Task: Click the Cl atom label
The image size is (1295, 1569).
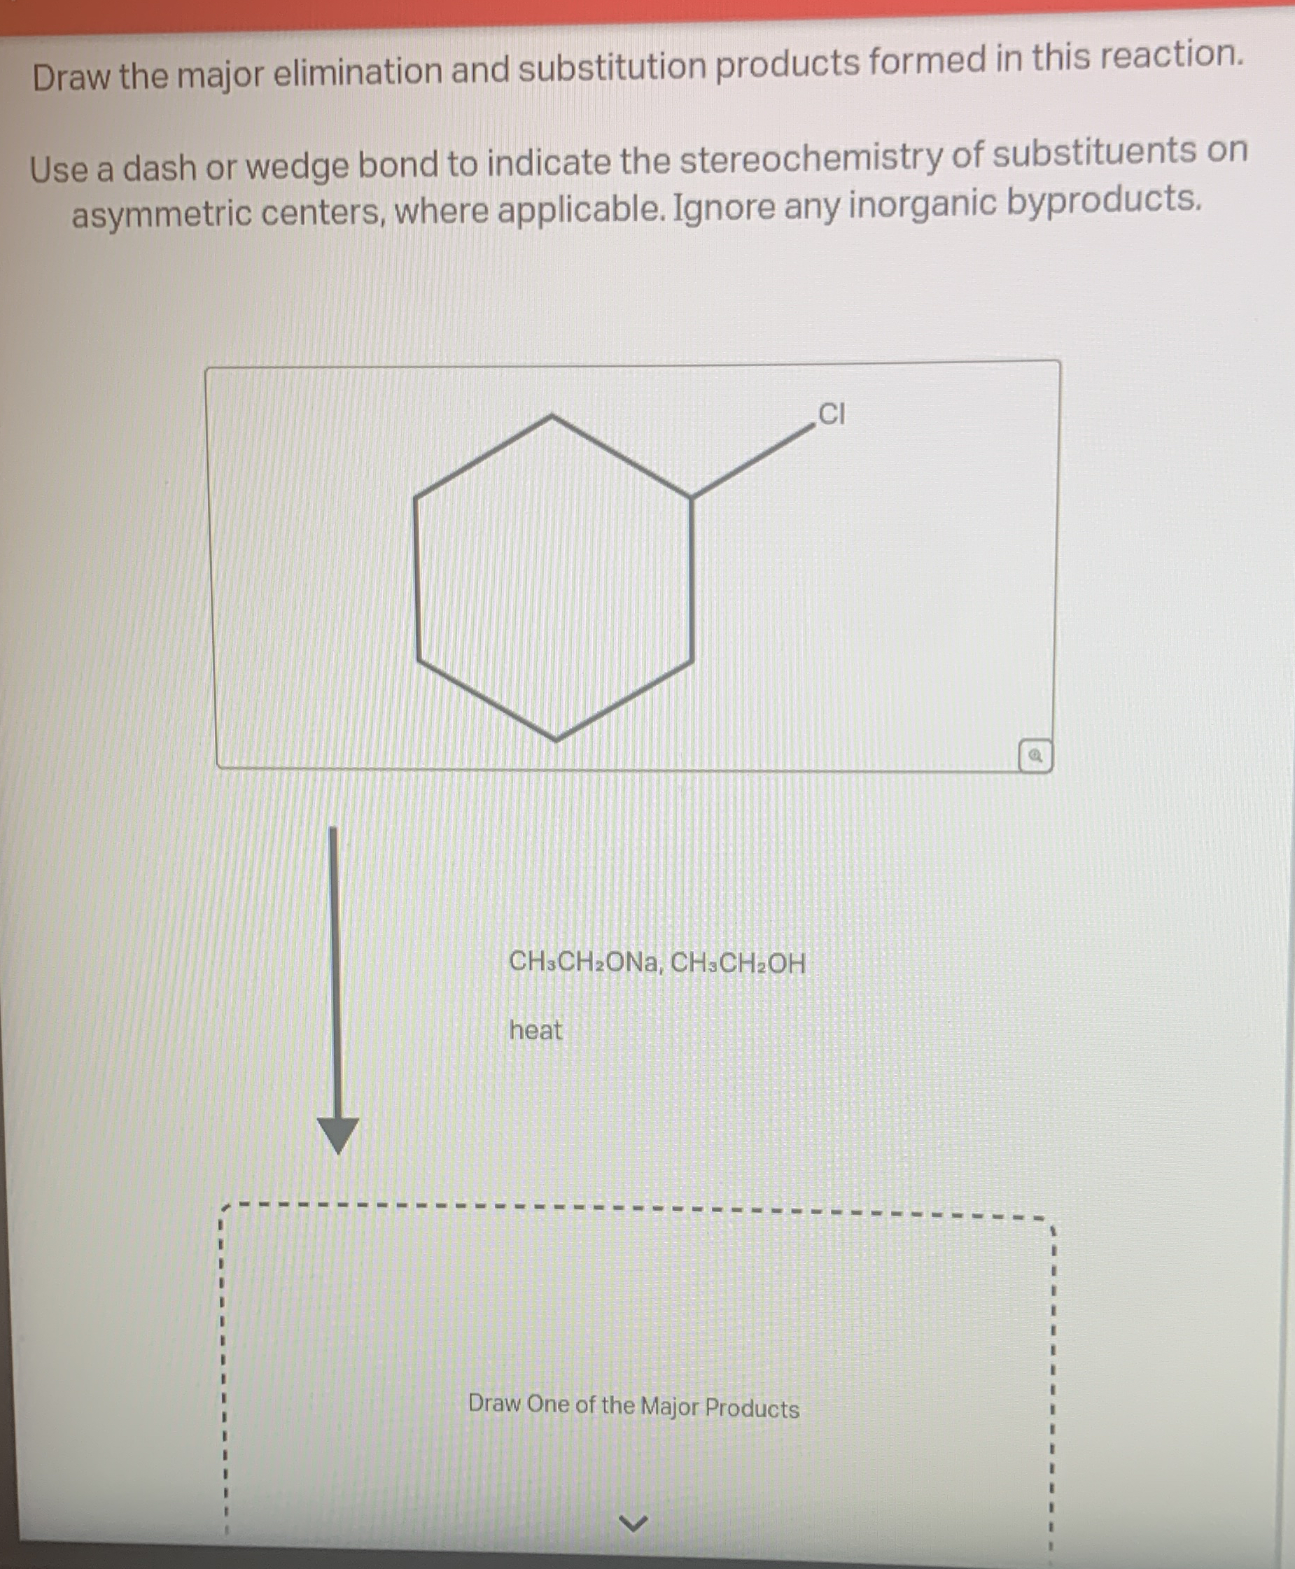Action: [x=831, y=414]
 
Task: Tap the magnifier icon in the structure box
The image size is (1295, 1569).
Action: [x=1035, y=755]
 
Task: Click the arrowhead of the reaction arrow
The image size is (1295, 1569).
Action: [x=338, y=1134]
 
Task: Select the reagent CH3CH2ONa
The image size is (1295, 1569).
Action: [x=583, y=962]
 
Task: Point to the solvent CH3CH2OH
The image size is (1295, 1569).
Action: [x=738, y=964]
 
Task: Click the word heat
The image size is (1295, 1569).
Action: [x=535, y=1030]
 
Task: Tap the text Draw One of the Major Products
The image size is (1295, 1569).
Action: [x=633, y=1407]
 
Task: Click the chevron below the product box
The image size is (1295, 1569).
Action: [x=633, y=1523]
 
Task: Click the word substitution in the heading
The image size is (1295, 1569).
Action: [x=612, y=67]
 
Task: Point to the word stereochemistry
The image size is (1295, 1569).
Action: [x=811, y=157]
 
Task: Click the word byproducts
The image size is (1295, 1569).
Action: [x=1104, y=201]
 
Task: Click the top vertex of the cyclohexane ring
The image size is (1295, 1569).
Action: [x=552, y=416]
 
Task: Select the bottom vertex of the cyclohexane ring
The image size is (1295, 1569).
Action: [x=556, y=739]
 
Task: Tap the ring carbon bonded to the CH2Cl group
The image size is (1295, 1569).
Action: [x=692, y=497]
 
